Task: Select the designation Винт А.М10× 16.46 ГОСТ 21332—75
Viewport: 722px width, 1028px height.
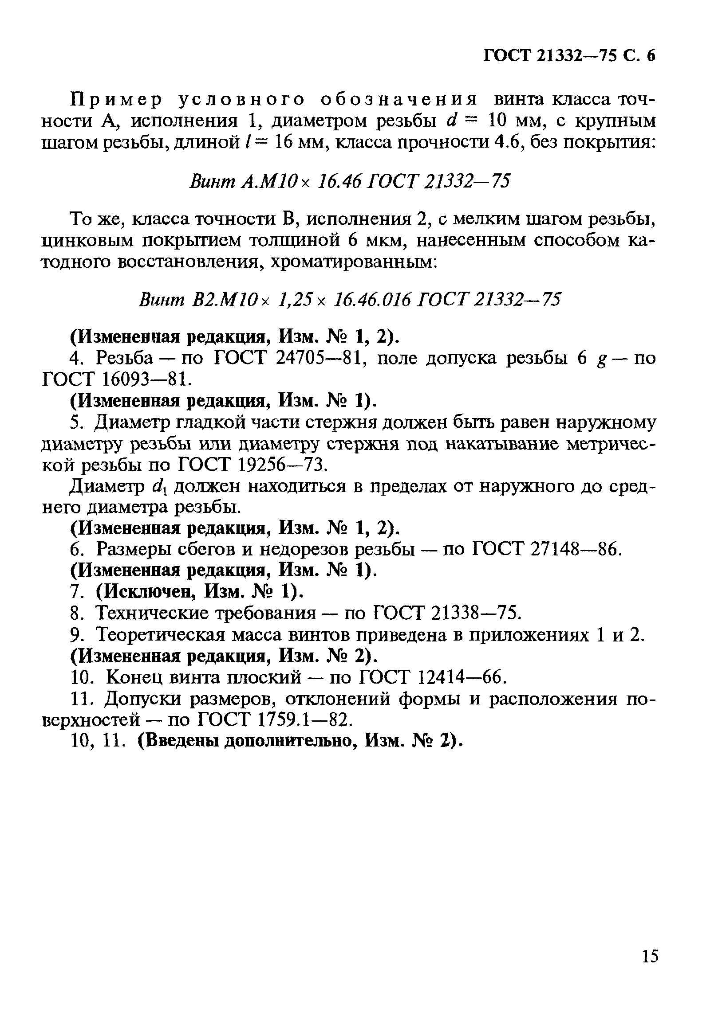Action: tap(350, 182)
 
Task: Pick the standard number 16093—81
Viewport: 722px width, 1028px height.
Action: tap(143, 379)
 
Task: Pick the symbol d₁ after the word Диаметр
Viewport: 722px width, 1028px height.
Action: tap(160, 487)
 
